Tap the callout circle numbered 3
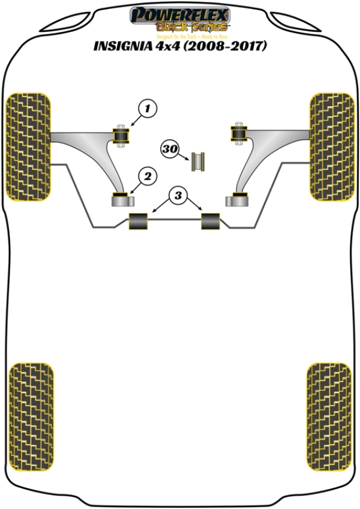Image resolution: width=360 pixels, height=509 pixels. tap(178, 194)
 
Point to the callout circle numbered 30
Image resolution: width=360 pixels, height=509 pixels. tap(170, 149)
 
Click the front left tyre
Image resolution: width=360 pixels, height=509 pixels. tap(27, 146)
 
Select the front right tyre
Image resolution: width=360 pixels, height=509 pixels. tap(331, 146)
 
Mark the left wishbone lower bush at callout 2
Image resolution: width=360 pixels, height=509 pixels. tap(122, 197)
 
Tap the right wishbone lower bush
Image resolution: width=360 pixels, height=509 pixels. tap(238, 197)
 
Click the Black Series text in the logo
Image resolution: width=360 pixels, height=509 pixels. tap(191, 27)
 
